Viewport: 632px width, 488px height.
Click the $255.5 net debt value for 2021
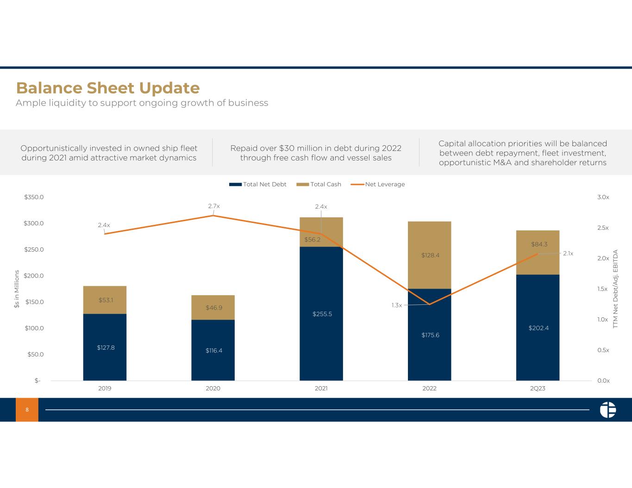[x=322, y=314]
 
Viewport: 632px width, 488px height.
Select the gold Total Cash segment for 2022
[x=429, y=255]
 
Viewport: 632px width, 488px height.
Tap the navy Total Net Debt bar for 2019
[x=105, y=347]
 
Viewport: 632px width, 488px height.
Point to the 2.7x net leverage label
[x=214, y=206]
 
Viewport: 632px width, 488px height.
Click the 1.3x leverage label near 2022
[x=397, y=305]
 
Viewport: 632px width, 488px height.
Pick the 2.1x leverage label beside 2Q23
[x=568, y=253]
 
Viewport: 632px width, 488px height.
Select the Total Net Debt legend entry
[x=258, y=184]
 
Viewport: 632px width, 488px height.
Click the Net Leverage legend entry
[x=377, y=184]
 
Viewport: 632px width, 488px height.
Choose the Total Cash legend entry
[x=319, y=184]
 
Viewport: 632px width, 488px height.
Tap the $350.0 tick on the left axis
[x=34, y=197]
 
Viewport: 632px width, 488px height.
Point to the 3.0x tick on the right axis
[x=603, y=197]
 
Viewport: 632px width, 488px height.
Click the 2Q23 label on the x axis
[x=538, y=389]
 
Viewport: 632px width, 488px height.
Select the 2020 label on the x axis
[x=213, y=389]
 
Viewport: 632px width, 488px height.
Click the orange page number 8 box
[x=27, y=409]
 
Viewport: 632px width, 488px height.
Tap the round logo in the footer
[x=608, y=410]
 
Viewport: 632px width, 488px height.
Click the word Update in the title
[x=169, y=88]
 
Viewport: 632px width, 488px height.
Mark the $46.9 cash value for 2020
[x=214, y=308]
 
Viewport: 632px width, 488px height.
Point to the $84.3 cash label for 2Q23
[x=539, y=244]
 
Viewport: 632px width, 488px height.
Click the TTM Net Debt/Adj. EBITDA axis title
[x=615, y=289]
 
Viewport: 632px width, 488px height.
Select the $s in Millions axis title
[x=17, y=289]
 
